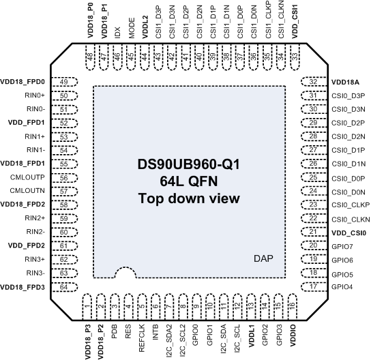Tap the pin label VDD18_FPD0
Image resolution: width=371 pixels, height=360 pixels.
[23, 82]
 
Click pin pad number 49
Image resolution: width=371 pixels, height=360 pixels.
[63, 82]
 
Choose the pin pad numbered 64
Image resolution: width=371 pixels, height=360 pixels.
[63, 287]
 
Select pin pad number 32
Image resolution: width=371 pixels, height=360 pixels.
[313, 82]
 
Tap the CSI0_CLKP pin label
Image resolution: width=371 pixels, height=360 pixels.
[350, 205]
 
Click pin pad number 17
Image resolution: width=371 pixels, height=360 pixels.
[313, 287]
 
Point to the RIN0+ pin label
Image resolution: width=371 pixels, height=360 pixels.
[35, 95]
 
